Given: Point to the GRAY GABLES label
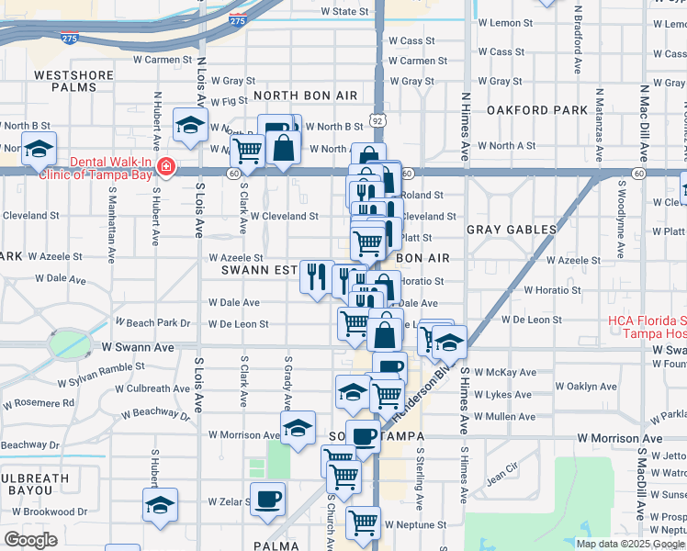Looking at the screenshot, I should (512, 229).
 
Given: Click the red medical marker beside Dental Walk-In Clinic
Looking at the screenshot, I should (165, 167).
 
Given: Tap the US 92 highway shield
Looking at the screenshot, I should (377, 120).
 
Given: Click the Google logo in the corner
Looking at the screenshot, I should (29, 540).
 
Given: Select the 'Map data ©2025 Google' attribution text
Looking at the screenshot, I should (629, 544).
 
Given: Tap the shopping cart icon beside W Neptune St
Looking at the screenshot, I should (363, 523).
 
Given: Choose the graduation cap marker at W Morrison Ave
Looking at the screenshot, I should (298, 428).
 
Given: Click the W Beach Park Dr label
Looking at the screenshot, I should (152, 323).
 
